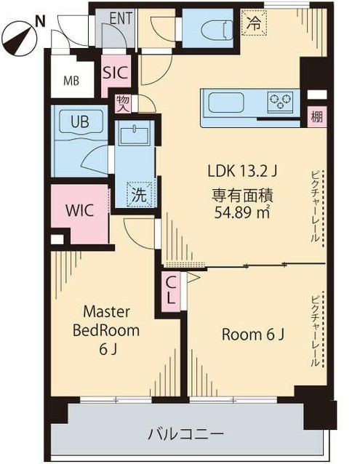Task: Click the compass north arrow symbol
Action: coord(20,38)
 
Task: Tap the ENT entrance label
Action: coord(121,18)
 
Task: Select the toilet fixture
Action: coord(217,30)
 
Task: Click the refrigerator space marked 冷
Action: coord(254,23)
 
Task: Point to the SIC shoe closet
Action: coord(116,73)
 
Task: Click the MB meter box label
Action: coord(71,81)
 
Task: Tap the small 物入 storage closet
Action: coord(124,103)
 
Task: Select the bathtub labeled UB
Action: coord(81,121)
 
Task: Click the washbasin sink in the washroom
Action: coord(135,136)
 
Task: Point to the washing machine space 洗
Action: coord(139,194)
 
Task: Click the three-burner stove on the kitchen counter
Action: coord(280,101)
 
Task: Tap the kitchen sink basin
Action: coord(226,103)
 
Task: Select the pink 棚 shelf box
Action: coord(316,117)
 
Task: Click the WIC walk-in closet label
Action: coord(79,210)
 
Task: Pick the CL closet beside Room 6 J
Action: coord(172,291)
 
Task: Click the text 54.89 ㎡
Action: coord(242,212)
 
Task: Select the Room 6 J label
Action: coord(253,335)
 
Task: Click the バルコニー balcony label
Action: coord(186,434)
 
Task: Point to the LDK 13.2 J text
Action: coord(242,171)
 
